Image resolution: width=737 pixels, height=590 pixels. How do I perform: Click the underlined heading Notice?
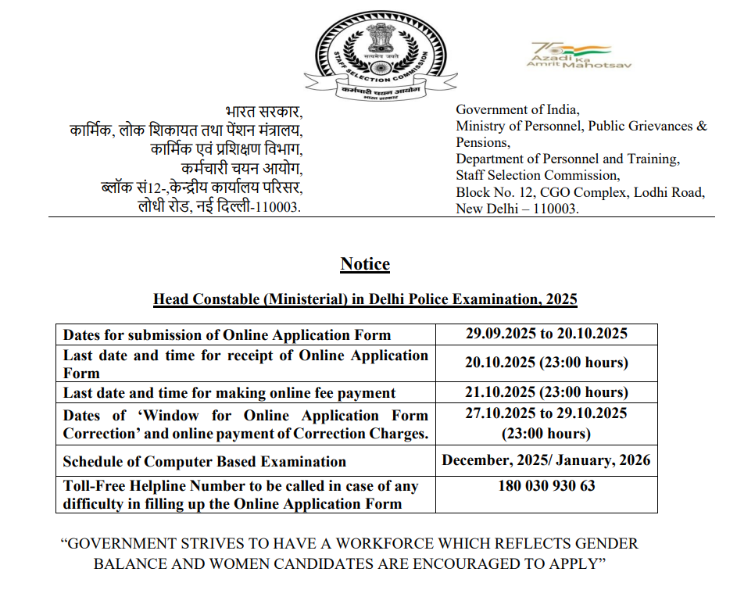365,264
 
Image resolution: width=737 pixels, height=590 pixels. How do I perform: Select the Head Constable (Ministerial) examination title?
365,299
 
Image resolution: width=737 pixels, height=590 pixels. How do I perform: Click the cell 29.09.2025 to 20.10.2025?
546,334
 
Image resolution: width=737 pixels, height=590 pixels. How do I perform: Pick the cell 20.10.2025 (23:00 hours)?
546,363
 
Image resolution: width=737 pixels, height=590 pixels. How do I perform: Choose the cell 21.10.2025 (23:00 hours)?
546,392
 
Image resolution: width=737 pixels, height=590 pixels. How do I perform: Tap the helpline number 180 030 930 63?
546,485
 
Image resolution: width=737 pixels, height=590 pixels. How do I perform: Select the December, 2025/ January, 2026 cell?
546,460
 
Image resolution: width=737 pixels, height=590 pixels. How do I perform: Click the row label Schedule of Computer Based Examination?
205,462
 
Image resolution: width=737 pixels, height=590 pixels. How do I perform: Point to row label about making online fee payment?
230,393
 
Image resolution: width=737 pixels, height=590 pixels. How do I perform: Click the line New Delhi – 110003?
517,209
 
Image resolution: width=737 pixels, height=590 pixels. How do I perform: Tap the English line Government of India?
517,110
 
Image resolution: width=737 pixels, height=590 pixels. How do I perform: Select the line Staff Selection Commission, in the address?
538,176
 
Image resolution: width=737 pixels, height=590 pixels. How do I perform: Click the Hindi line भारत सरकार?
263,111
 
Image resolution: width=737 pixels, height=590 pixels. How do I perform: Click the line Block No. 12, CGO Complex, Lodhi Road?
580,192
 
